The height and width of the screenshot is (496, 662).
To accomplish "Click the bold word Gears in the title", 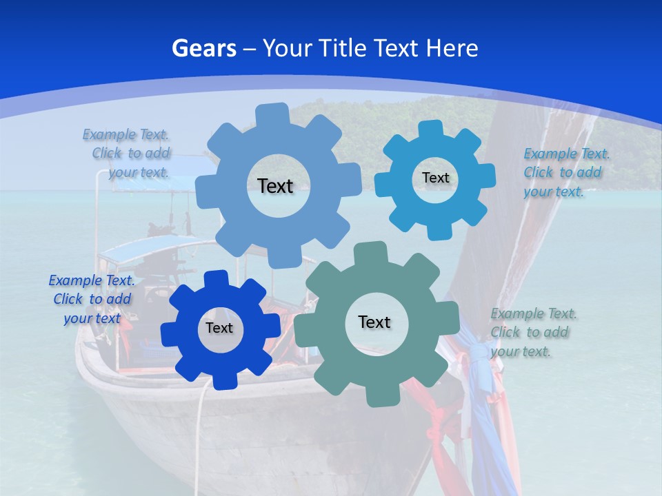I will (203, 48).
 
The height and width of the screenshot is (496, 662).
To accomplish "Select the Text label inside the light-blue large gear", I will (275, 186).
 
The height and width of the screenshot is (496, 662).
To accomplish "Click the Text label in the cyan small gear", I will (435, 178).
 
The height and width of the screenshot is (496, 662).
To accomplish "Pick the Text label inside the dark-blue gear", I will (219, 329).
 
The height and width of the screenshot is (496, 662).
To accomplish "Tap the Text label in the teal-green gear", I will (374, 322).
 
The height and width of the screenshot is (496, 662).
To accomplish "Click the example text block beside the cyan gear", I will (566, 173).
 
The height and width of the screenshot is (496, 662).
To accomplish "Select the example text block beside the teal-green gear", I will (533, 333).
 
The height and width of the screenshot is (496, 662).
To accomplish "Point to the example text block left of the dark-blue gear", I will (92, 300).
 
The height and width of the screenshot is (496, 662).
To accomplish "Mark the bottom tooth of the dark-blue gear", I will (222, 380).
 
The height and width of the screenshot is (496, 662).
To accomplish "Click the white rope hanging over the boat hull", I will (201, 413).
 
